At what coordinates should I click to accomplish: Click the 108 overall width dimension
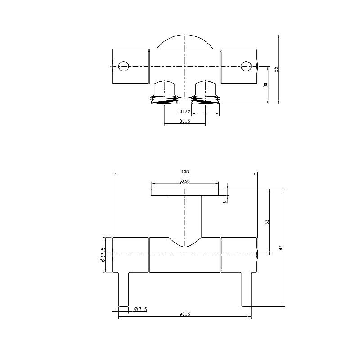[x=184, y=171]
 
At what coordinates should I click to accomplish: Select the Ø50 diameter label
[x=184, y=181]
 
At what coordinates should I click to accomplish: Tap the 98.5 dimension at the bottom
[x=184, y=315]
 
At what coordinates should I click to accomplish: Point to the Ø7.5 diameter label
[x=140, y=309]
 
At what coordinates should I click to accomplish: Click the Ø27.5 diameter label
[x=103, y=255]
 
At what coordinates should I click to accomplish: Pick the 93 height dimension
[x=280, y=248]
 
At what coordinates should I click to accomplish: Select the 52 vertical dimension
[x=267, y=222]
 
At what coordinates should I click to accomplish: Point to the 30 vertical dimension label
[x=266, y=85]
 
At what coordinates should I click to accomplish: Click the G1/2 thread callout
[x=184, y=112]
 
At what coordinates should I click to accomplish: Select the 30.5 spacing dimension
[x=184, y=121]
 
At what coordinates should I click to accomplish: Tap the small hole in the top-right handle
[x=245, y=66]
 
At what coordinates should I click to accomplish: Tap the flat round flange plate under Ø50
[x=184, y=193]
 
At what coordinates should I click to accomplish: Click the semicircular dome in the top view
[x=184, y=42]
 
